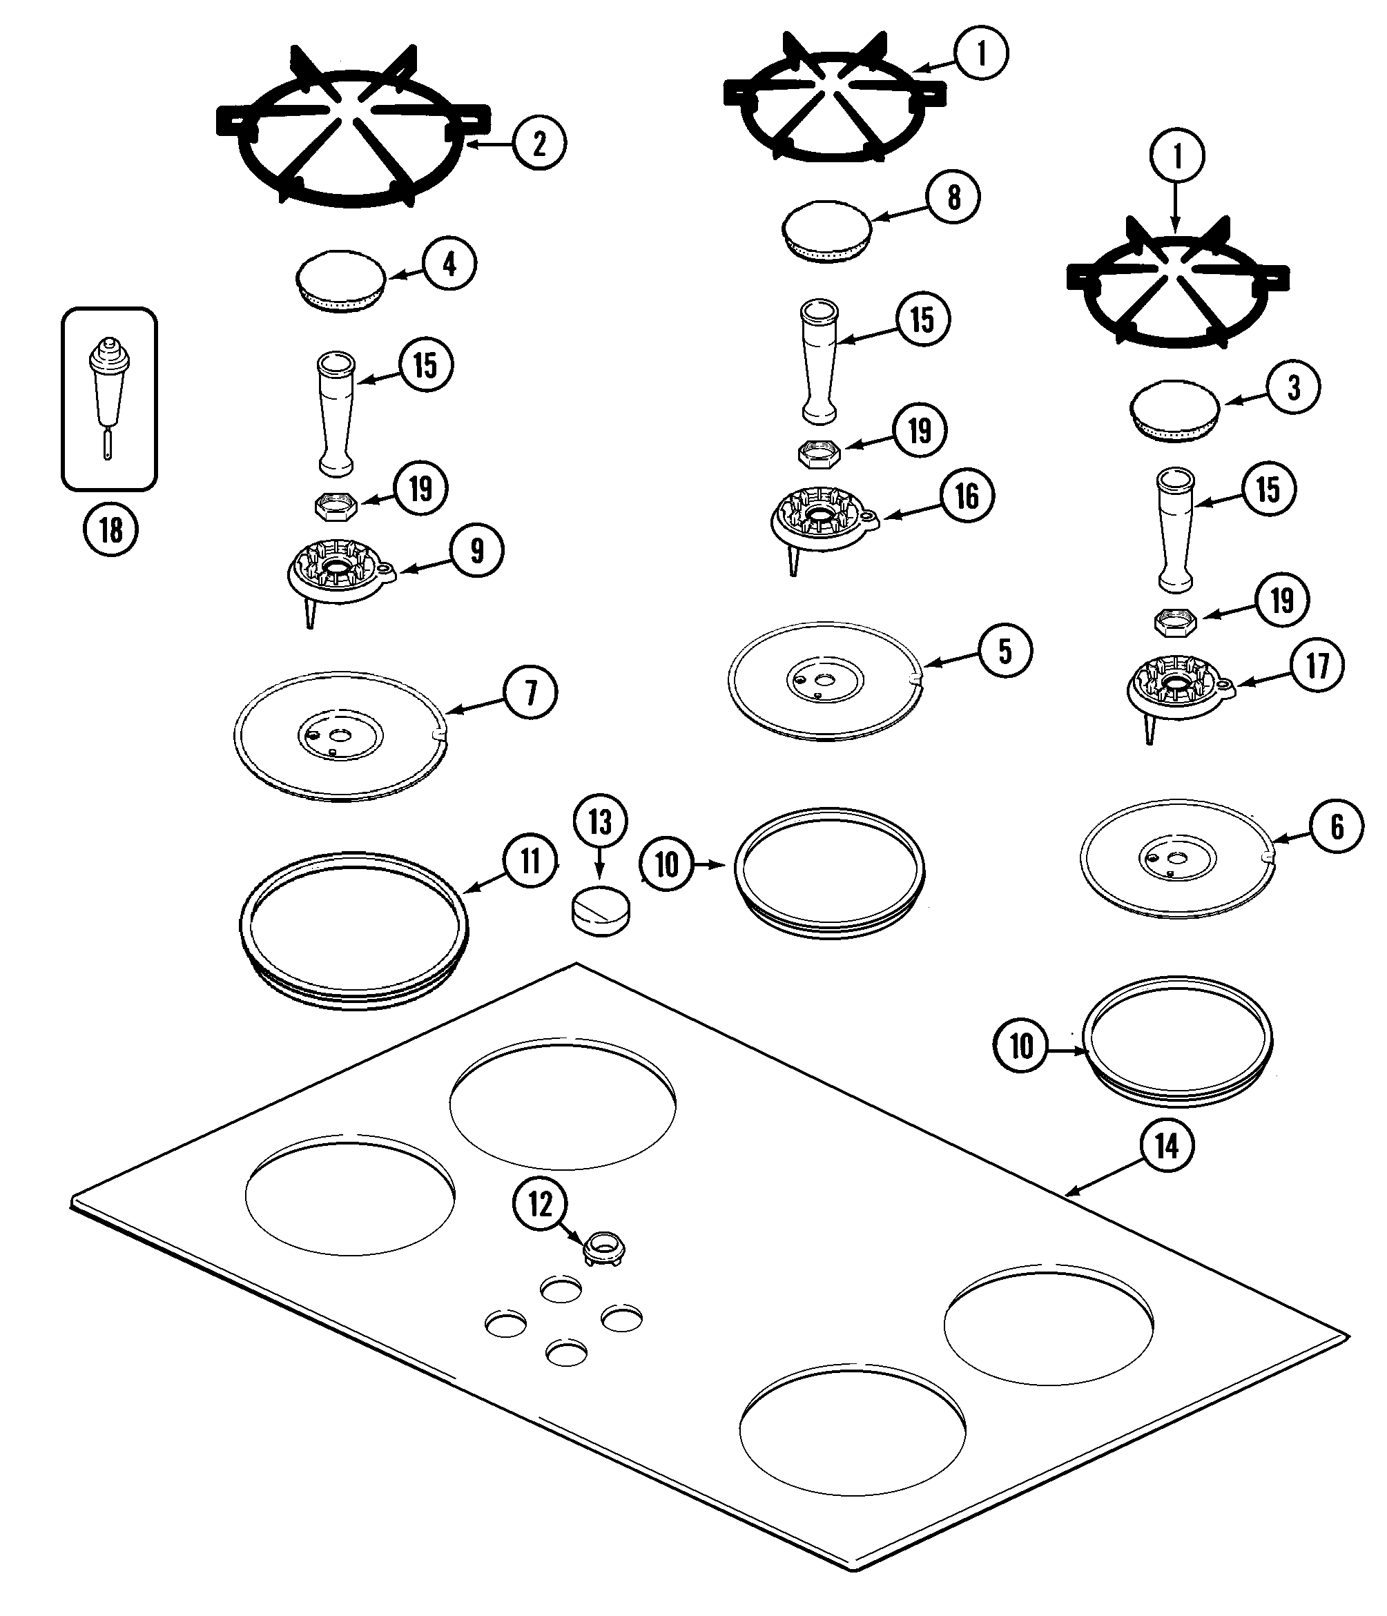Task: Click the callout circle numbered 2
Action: (x=539, y=144)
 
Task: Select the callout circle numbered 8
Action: (x=953, y=197)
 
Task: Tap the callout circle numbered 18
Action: (x=110, y=529)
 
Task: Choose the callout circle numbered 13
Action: (x=599, y=821)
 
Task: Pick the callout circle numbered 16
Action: (x=966, y=496)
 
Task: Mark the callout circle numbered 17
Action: (x=1317, y=665)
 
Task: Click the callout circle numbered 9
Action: (x=476, y=551)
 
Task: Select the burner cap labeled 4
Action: (x=341, y=282)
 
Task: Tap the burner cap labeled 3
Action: (x=1175, y=411)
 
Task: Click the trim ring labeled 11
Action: (x=353, y=931)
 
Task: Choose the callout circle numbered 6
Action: (x=1337, y=826)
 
